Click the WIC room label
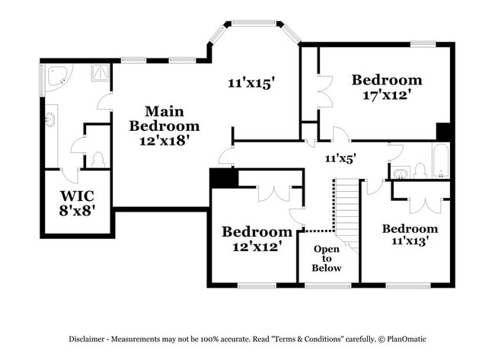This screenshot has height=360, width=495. (x=78, y=196)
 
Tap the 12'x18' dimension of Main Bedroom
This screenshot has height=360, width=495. (x=164, y=140)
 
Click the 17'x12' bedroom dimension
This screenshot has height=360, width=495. (x=387, y=94)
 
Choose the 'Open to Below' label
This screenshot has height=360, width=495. (x=327, y=259)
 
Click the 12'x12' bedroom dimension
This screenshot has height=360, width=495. (x=257, y=246)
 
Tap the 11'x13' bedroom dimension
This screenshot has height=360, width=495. (x=410, y=241)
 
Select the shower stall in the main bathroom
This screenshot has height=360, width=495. (x=101, y=73)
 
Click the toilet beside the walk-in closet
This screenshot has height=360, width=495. (x=98, y=160)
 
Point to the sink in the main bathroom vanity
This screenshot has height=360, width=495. (x=49, y=119)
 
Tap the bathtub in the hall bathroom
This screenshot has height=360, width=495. (x=441, y=161)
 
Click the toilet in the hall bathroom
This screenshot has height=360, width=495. (x=420, y=170)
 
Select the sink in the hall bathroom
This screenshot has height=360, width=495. (x=401, y=174)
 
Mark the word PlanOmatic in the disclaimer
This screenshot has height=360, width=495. (x=407, y=339)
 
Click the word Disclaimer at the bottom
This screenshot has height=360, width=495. (x=87, y=339)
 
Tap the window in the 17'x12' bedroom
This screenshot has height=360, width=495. (x=423, y=44)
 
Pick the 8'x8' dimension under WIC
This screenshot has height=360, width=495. (x=78, y=211)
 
